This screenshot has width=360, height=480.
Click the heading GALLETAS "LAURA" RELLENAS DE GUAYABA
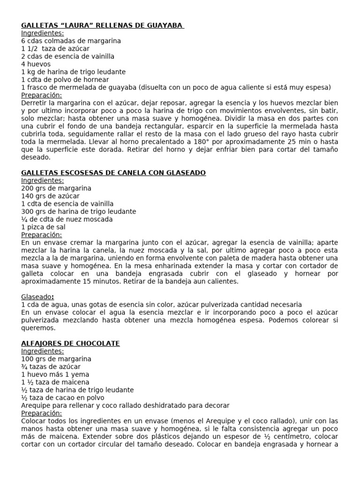tap(102, 25)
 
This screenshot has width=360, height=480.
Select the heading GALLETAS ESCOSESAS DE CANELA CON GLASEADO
tap(113, 172)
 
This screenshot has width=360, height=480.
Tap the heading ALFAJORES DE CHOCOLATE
tap(70, 343)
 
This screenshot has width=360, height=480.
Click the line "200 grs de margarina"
tap(56, 188)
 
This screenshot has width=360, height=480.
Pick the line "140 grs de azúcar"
tap(50, 196)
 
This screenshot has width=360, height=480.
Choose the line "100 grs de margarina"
tap(56, 359)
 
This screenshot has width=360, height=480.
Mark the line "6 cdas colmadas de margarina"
tap(71, 41)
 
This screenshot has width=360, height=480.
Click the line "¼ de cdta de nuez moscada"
tap(67, 219)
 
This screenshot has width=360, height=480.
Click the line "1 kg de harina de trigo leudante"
tap(74, 72)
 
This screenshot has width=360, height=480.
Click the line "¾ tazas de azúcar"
tap(51, 367)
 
